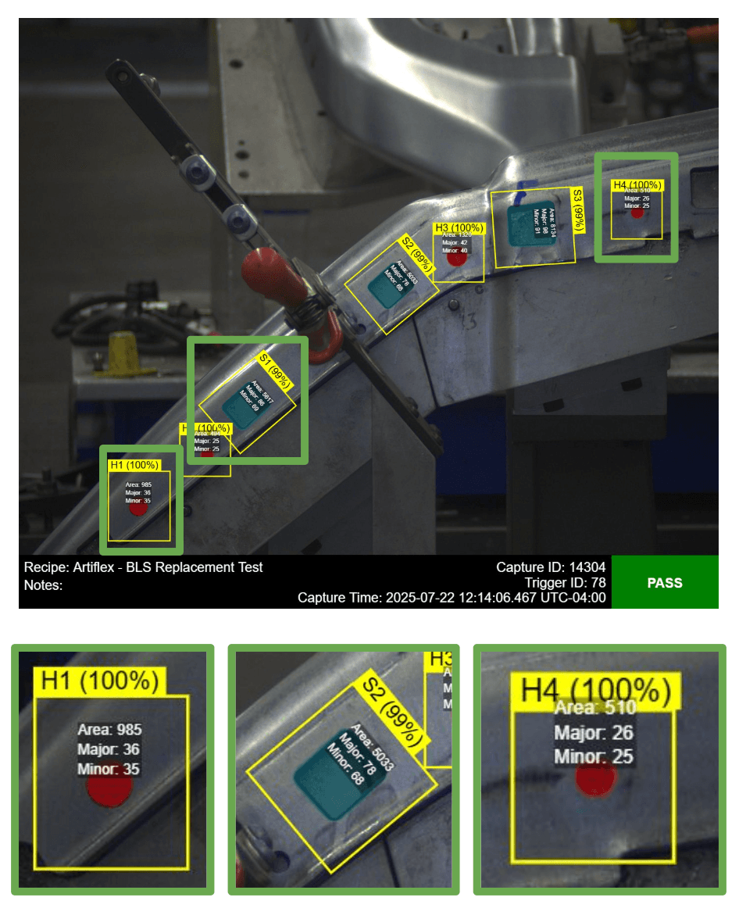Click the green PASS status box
click(x=664, y=582)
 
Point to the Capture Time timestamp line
click(x=452, y=598)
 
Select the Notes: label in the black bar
click(x=43, y=584)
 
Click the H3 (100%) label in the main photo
click(x=459, y=228)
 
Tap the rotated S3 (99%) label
click(x=578, y=209)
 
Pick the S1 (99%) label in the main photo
click(x=275, y=371)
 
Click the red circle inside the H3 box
click(x=456, y=258)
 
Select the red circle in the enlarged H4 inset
click(x=596, y=781)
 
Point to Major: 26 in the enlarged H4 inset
click(x=594, y=733)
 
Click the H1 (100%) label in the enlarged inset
click(x=99, y=681)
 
